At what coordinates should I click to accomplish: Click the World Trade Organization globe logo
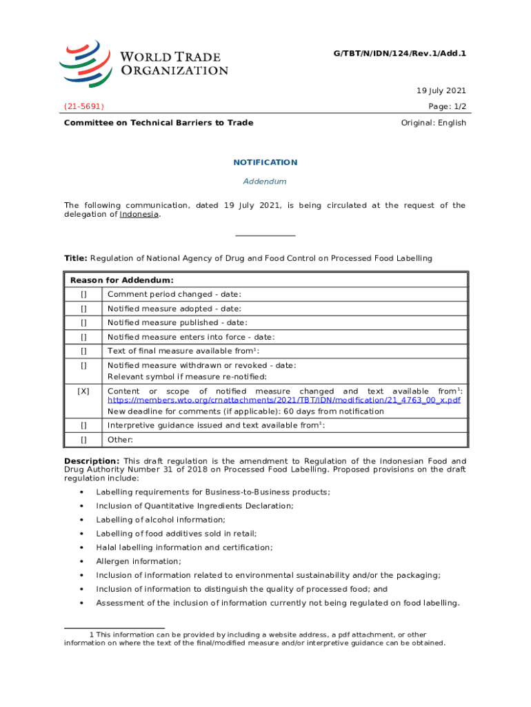point(85,63)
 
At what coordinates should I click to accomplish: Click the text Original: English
point(433,123)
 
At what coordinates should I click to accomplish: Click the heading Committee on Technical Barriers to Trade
point(159,123)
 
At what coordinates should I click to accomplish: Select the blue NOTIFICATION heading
point(265,162)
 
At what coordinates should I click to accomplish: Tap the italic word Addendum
point(265,182)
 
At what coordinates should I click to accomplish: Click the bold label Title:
point(75,258)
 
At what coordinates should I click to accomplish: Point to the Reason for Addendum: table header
point(122,280)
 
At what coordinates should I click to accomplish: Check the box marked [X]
point(83,391)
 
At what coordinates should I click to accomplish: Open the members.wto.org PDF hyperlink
point(284,400)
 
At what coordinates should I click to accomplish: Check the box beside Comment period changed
point(83,295)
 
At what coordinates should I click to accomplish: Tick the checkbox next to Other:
point(83,440)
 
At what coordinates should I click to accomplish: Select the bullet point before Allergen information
point(82,561)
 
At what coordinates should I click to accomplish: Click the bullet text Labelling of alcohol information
point(161,519)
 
